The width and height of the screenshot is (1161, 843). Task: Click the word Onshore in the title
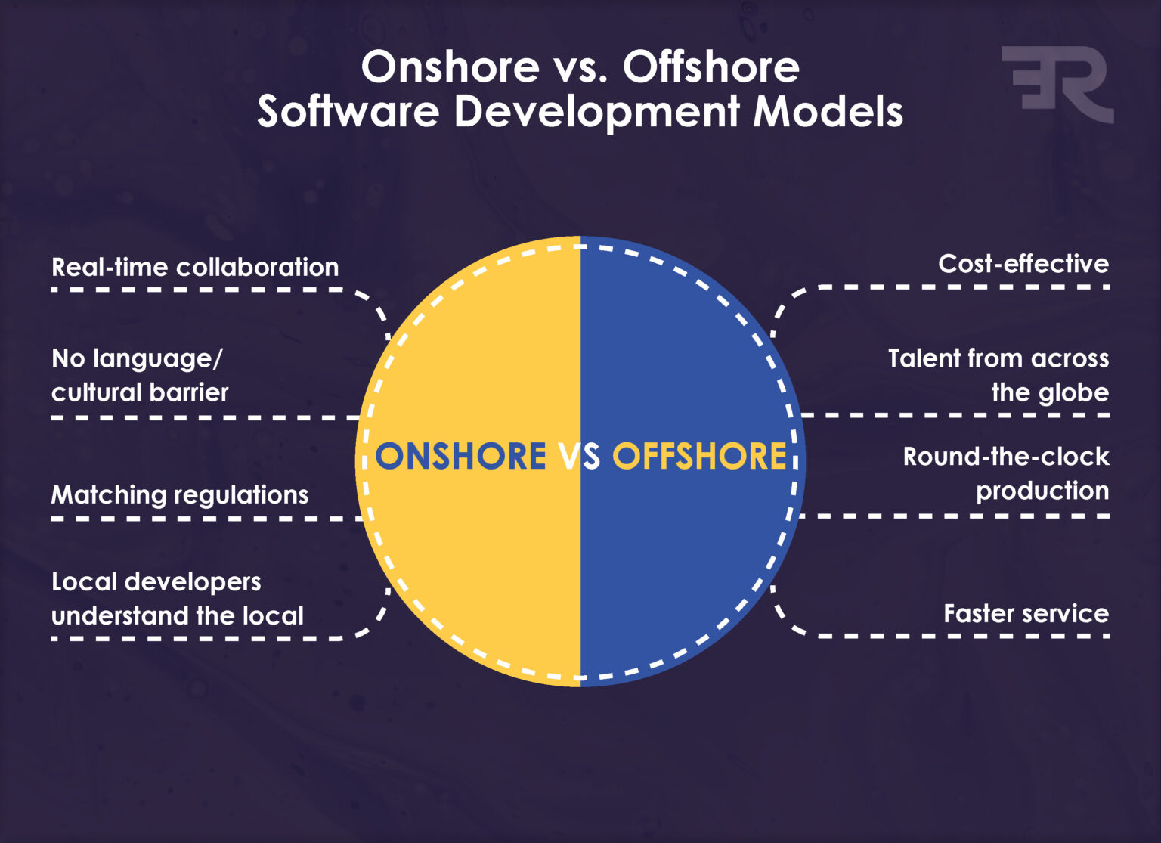450,67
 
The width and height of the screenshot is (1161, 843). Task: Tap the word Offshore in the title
711,67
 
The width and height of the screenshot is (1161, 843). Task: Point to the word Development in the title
596,112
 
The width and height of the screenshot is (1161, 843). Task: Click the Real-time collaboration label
195,267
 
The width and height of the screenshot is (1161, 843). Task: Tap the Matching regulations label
180,494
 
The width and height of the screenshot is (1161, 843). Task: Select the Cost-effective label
1023,263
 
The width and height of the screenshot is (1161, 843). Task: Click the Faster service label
1026,613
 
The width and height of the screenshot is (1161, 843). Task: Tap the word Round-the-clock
1006,457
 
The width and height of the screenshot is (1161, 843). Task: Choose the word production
1042,491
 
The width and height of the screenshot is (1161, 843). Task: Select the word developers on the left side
193,581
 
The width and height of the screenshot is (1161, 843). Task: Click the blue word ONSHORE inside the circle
460,457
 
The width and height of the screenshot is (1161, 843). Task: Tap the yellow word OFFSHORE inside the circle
699,457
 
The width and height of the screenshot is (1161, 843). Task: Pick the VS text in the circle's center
580,457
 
